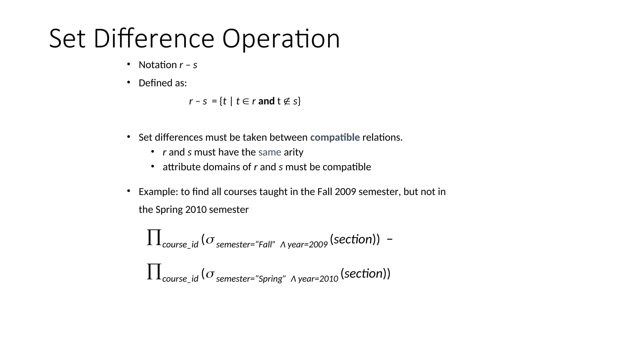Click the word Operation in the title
point(281,39)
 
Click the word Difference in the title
point(154,39)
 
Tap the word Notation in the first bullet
point(158,65)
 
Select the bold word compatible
point(335,137)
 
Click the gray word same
point(270,152)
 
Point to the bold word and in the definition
point(266,101)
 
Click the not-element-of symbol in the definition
point(287,101)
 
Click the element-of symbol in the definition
point(246,101)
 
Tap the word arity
point(293,152)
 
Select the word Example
point(158,192)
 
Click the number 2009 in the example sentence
point(345,192)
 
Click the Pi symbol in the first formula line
point(154,237)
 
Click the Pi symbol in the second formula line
point(154,272)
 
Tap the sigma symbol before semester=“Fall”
point(210,240)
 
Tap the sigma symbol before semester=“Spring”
point(210,274)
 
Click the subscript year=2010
point(318,279)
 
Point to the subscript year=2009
point(307,244)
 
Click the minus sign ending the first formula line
point(390,239)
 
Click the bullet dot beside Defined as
point(128,82)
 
